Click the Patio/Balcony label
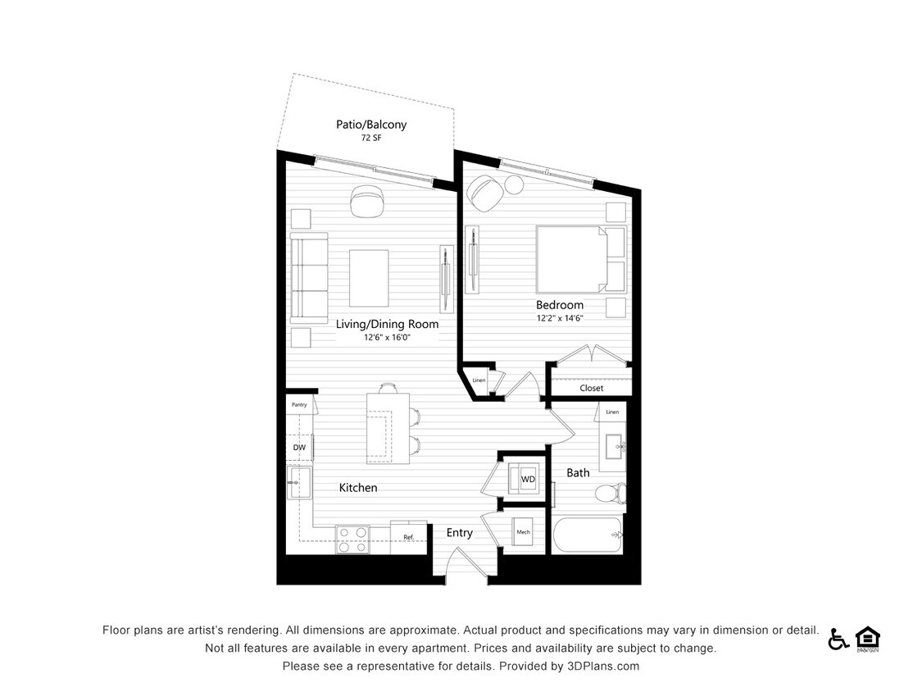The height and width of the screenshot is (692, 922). (370, 125)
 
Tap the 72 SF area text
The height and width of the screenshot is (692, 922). (370, 139)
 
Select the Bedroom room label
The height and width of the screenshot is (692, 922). (560, 305)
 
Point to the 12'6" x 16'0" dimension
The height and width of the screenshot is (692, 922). (387, 337)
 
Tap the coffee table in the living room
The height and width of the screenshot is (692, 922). (369, 277)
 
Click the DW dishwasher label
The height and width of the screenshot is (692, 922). (299, 447)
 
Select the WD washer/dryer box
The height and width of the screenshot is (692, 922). (523, 479)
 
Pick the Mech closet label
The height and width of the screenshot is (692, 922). (523, 532)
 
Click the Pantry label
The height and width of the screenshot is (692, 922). (299, 405)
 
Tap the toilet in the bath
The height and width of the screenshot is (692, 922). (609, 494)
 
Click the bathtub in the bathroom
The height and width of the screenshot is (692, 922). (587, 535)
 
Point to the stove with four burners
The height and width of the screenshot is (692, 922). (352, 539)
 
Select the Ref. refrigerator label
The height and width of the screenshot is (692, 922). (407, 537)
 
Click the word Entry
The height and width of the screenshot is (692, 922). (459, 533)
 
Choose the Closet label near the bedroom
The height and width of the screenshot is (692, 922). (591, 388)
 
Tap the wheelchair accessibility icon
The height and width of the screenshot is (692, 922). (838, 639)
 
